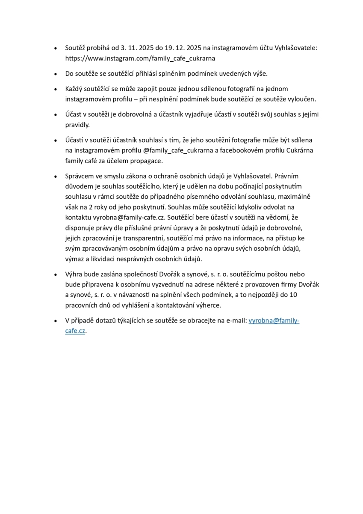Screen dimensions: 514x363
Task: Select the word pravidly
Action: point(77,125)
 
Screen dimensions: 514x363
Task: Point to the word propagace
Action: point(148,161)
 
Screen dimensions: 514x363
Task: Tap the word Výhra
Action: point(74,274)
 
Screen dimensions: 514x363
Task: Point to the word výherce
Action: point(207,305)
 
